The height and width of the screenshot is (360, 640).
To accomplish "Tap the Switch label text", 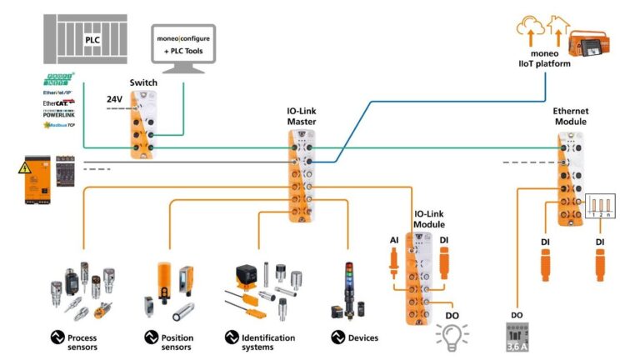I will (x=143, y=83).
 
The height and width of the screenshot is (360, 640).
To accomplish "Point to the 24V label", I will (x=114, y=98).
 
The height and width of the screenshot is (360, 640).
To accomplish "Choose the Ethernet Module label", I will (x=569, y=116).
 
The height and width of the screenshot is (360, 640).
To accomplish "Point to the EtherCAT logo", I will (x=59, y=103).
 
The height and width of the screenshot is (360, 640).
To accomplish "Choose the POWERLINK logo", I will (x=59, y=114).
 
